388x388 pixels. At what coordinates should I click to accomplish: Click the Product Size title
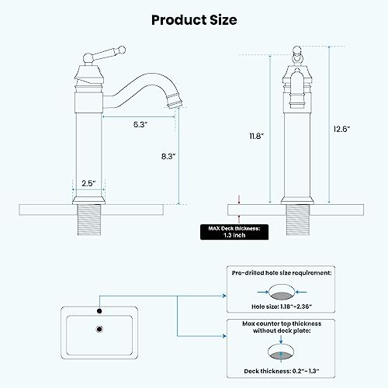(193, 19)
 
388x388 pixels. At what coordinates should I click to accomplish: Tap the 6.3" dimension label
(140, 123)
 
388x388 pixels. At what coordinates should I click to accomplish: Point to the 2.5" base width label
(88, 183)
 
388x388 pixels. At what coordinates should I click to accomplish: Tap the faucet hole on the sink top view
(99, 312)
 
